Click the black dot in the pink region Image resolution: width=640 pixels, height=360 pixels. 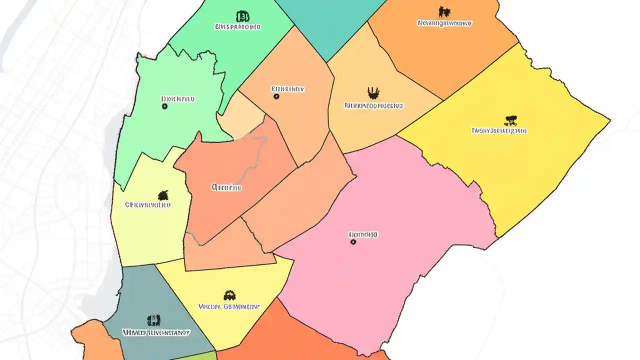coord(353,241)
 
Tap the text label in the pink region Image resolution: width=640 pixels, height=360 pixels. coord(363,234)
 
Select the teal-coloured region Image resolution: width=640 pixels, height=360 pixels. coord(330,25)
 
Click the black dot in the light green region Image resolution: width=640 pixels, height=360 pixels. coord(164,106)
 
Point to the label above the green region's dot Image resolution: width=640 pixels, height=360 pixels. coord(177,99)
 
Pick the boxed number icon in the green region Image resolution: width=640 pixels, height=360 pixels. coord(242,16)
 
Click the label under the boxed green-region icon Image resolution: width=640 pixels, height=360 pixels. coord(237,26)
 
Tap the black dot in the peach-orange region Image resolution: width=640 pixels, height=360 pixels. coord(276,96)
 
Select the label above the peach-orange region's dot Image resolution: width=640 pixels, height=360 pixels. coord(287,89)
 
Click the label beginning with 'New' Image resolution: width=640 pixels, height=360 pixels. coord(444,23)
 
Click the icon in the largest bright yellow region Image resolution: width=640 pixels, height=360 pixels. coord(510,120)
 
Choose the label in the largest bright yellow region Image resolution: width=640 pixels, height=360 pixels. coord(499,131)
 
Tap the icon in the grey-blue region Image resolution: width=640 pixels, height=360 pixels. coord(153,320)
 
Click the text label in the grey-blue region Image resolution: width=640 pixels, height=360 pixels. coord(156,332)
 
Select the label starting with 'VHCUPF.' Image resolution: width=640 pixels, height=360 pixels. coord(229,306)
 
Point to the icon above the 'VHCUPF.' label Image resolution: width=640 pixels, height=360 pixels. coord(229,295)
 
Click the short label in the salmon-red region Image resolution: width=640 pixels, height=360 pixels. coord(226,188)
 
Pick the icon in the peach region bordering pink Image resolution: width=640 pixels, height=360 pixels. coord(373,93)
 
